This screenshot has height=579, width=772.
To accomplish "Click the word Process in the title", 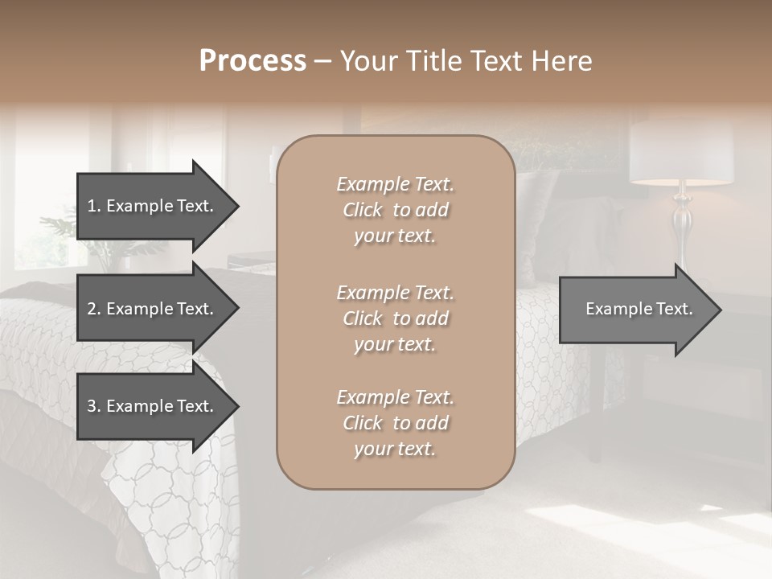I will tap(253, 61).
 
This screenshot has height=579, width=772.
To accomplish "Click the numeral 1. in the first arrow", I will tap(93, 206).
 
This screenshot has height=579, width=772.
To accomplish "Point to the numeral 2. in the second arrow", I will tap(93, 309).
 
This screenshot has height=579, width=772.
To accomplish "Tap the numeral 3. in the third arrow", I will tap(93, 406).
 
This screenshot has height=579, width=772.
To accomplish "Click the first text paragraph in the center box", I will tap(395, 210).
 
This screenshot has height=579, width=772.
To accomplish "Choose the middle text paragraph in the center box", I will tap(395, 318).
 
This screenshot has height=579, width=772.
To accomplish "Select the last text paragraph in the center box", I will tap(395, 423).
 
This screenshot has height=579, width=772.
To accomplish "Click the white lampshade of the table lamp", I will tap(680, 153).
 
